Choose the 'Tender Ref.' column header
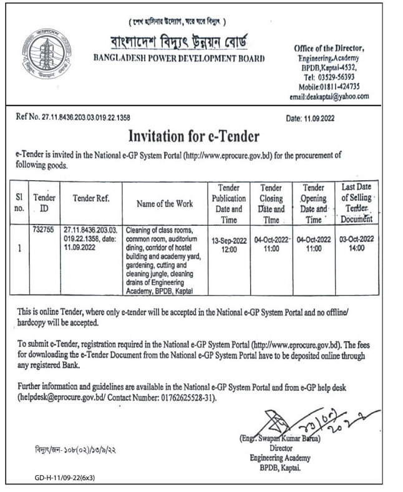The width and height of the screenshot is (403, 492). (x=91, y=198)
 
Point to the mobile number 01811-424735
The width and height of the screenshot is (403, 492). (x=346, y=87)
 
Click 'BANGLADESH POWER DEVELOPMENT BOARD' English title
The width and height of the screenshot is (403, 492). (x=178, y=59)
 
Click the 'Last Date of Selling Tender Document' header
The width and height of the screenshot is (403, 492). (x=357, y=203)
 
